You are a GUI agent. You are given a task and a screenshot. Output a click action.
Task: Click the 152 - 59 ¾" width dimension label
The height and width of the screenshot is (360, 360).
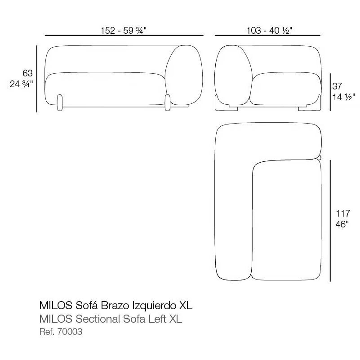pyautogui.click(x=124, y=30)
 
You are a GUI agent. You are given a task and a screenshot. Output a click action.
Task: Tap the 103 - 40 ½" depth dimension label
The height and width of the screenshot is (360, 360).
pyautogui.click(x=269, y=30)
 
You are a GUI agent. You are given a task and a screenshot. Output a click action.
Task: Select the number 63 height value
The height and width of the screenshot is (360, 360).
pyautogui.click(x=27, y=73)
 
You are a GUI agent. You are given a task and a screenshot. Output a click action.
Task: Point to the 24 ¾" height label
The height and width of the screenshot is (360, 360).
pyautogui.click(x=22, y=84)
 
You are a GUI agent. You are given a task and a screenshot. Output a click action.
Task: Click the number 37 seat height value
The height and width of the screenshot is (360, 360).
pyautogui.click(x=337, y=86)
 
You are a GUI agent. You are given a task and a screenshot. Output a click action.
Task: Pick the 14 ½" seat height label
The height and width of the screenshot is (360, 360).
pyautogui.click(x=344, y=97)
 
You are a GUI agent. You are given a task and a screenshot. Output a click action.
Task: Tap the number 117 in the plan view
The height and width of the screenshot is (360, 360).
pyautogui.click(x=343, y=213)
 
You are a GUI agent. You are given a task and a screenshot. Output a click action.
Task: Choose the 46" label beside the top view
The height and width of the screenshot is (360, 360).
pyautogui.click(x=342, y=224)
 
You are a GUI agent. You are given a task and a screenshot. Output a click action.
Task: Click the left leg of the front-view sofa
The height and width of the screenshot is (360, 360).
pyautogui.click(x=60, y=102)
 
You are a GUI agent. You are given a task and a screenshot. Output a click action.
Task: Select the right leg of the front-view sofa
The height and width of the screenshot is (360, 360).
pyautogui.click(x=168, y=102)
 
